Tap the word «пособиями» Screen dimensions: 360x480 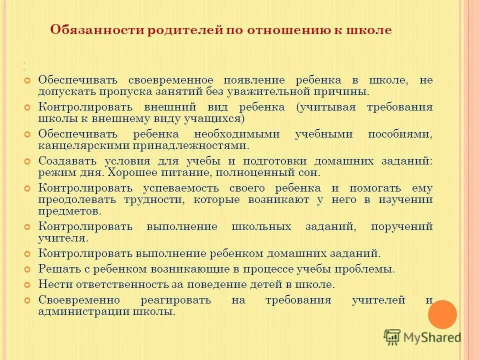(x=400, y=134)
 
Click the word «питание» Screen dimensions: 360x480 (x=218, y=173)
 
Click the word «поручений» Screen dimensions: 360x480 (x=401, y=227)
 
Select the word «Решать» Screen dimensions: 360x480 (x=56, y=269)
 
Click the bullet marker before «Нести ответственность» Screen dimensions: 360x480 (x=27, y=284)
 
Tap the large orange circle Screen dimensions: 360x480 (x=442, y=314)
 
